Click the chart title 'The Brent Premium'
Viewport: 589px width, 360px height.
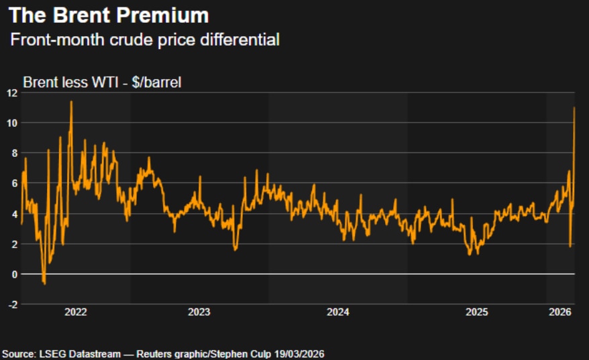pos(109,15)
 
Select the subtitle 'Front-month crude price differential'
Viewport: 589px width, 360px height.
pos(144,40)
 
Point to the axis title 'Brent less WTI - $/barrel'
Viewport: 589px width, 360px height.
pos(103,83)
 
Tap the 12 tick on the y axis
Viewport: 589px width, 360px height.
pos(11,93)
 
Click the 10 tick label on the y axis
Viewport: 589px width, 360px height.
pos(11,123)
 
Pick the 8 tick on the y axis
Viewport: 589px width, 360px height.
pos(14,153)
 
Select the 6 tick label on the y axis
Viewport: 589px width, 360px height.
pos(14,183)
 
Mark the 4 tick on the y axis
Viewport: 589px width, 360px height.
pos(14,214)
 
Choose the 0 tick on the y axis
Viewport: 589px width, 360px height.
pos(14,274)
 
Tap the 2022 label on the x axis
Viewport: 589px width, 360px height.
pos(75,312)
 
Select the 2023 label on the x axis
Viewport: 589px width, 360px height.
pos(199,312)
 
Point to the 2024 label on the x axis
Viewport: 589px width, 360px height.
pos(338,312)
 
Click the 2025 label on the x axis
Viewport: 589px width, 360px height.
pos(476,312)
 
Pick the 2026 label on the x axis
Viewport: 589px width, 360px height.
pos(559,312)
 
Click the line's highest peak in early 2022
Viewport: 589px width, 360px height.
pos(71,102)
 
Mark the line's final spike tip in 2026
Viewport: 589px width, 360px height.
pos(574,108)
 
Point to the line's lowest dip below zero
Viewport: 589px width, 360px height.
pos(44,284)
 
